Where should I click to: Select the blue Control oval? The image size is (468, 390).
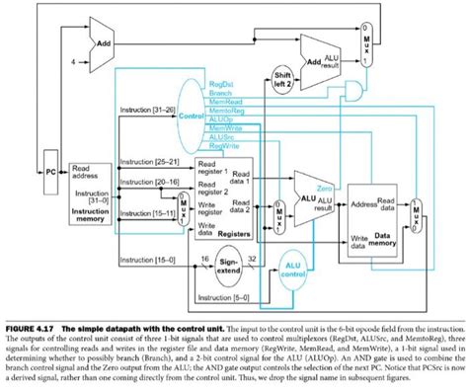(x=187, y=116)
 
